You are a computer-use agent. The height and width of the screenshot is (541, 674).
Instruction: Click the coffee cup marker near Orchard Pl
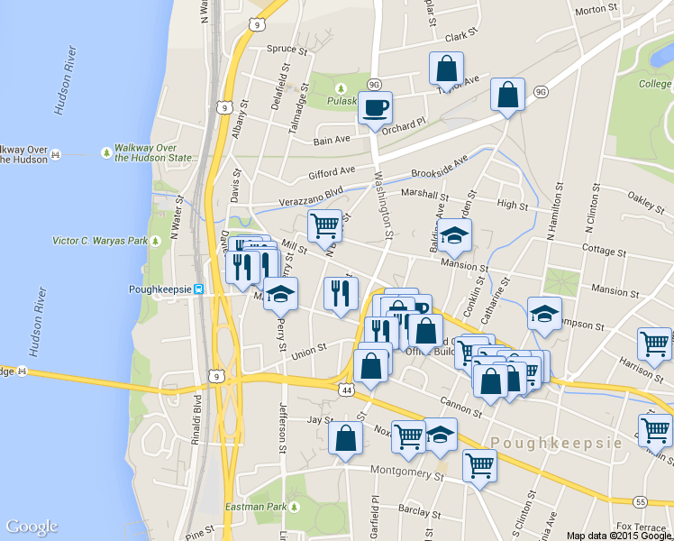(x=375, y=108)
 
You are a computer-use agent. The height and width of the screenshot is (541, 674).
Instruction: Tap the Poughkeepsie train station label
(x=160, y=289)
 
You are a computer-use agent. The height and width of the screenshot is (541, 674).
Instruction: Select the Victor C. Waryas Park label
(x=100, y=242)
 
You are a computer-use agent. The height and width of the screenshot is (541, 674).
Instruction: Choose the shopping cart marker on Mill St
(x=324, y=226)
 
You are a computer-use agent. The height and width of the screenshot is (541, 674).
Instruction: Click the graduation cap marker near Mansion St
(x=455, y=236)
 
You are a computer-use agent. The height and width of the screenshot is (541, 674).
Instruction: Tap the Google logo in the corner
(x=32, y=527)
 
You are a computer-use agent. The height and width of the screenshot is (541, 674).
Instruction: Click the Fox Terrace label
(x=637, y=527)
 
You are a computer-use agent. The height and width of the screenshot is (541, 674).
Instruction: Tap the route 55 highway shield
(x=640, y=501)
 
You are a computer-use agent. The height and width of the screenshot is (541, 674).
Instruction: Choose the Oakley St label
(x=646, y=199)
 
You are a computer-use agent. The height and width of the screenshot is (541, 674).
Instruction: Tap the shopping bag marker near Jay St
(x=345, y=439)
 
